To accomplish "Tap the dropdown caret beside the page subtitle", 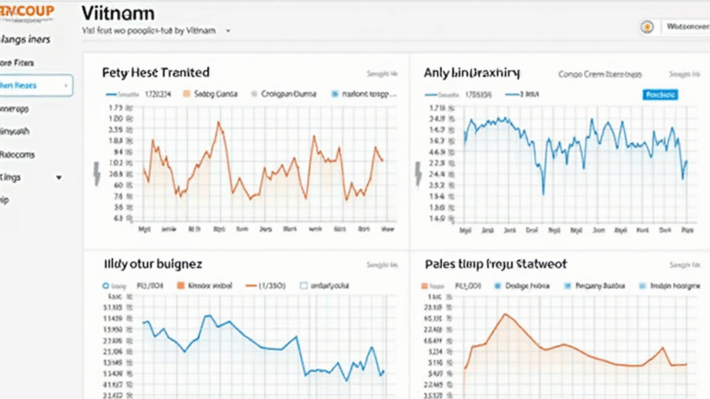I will point(227,30).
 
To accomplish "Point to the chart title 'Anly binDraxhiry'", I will point(471,72).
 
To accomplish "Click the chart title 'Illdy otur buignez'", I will point(153,264).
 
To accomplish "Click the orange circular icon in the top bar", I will point(647,28).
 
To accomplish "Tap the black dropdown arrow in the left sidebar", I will point(59,176).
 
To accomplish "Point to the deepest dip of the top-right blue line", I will point(544,194).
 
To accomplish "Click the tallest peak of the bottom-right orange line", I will point(505,315).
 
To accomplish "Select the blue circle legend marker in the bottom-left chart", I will point(106,286).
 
